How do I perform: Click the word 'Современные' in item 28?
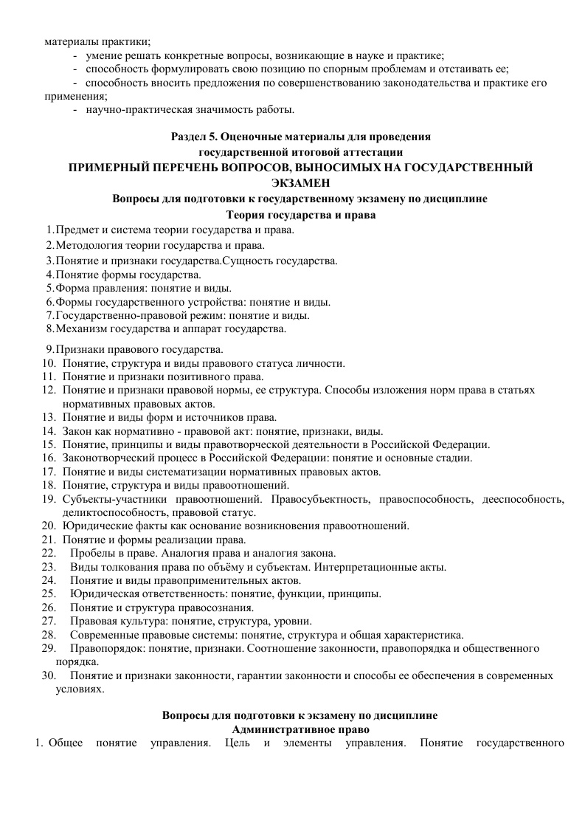pos(103,635)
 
